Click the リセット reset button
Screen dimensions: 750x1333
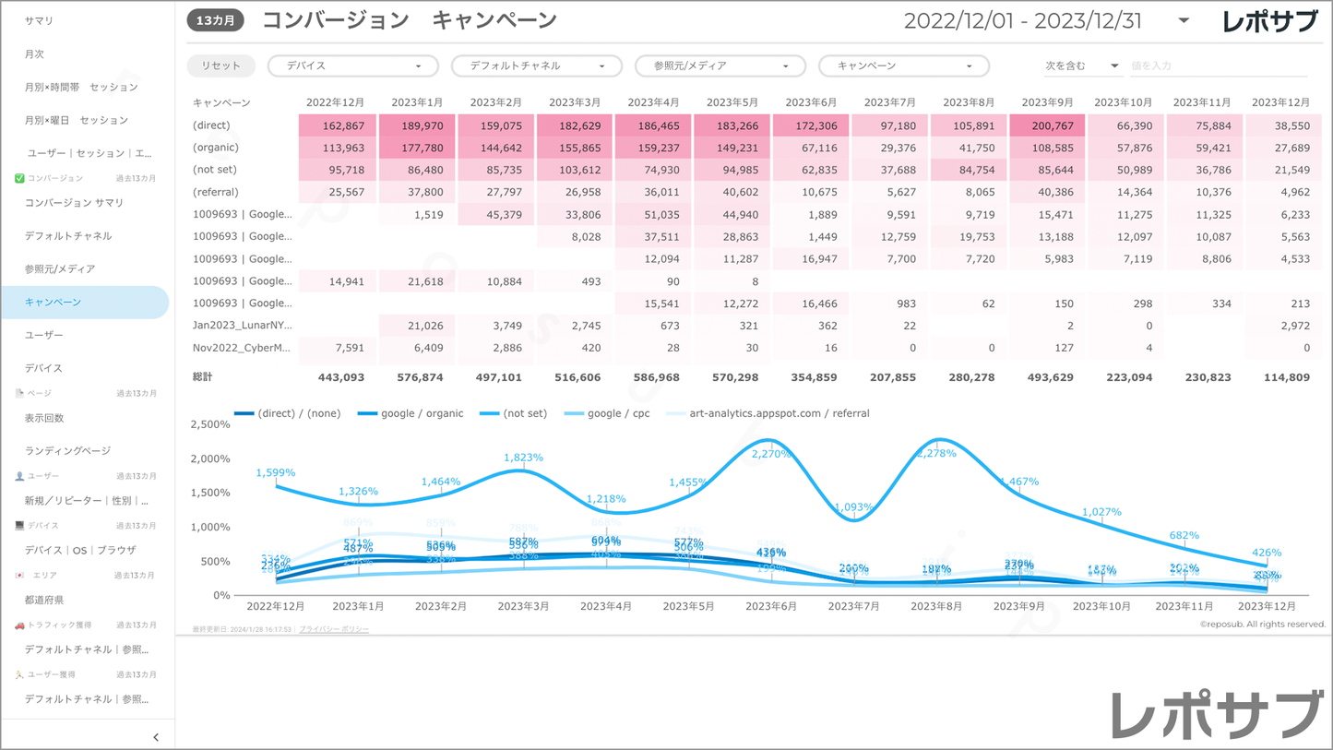[221, 65]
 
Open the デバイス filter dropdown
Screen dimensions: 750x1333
[352, 65]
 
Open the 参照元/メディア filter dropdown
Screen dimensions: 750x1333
[720, 65]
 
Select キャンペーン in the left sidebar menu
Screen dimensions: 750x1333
[54, 302]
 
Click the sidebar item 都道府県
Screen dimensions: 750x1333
[44, 600]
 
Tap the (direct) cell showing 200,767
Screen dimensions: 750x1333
[1047, 125]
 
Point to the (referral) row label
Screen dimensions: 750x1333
[215, 192]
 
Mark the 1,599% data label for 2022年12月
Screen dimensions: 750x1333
[276, 472]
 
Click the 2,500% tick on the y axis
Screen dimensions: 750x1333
[209, 424]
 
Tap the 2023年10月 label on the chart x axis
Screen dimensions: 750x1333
[1101, 607]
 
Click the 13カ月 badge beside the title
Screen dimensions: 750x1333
[216, 20]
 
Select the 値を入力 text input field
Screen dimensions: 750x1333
[1218, 65]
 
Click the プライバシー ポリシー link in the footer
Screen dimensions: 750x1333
[334, 629]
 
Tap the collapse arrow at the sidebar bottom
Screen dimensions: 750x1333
[156, 736]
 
